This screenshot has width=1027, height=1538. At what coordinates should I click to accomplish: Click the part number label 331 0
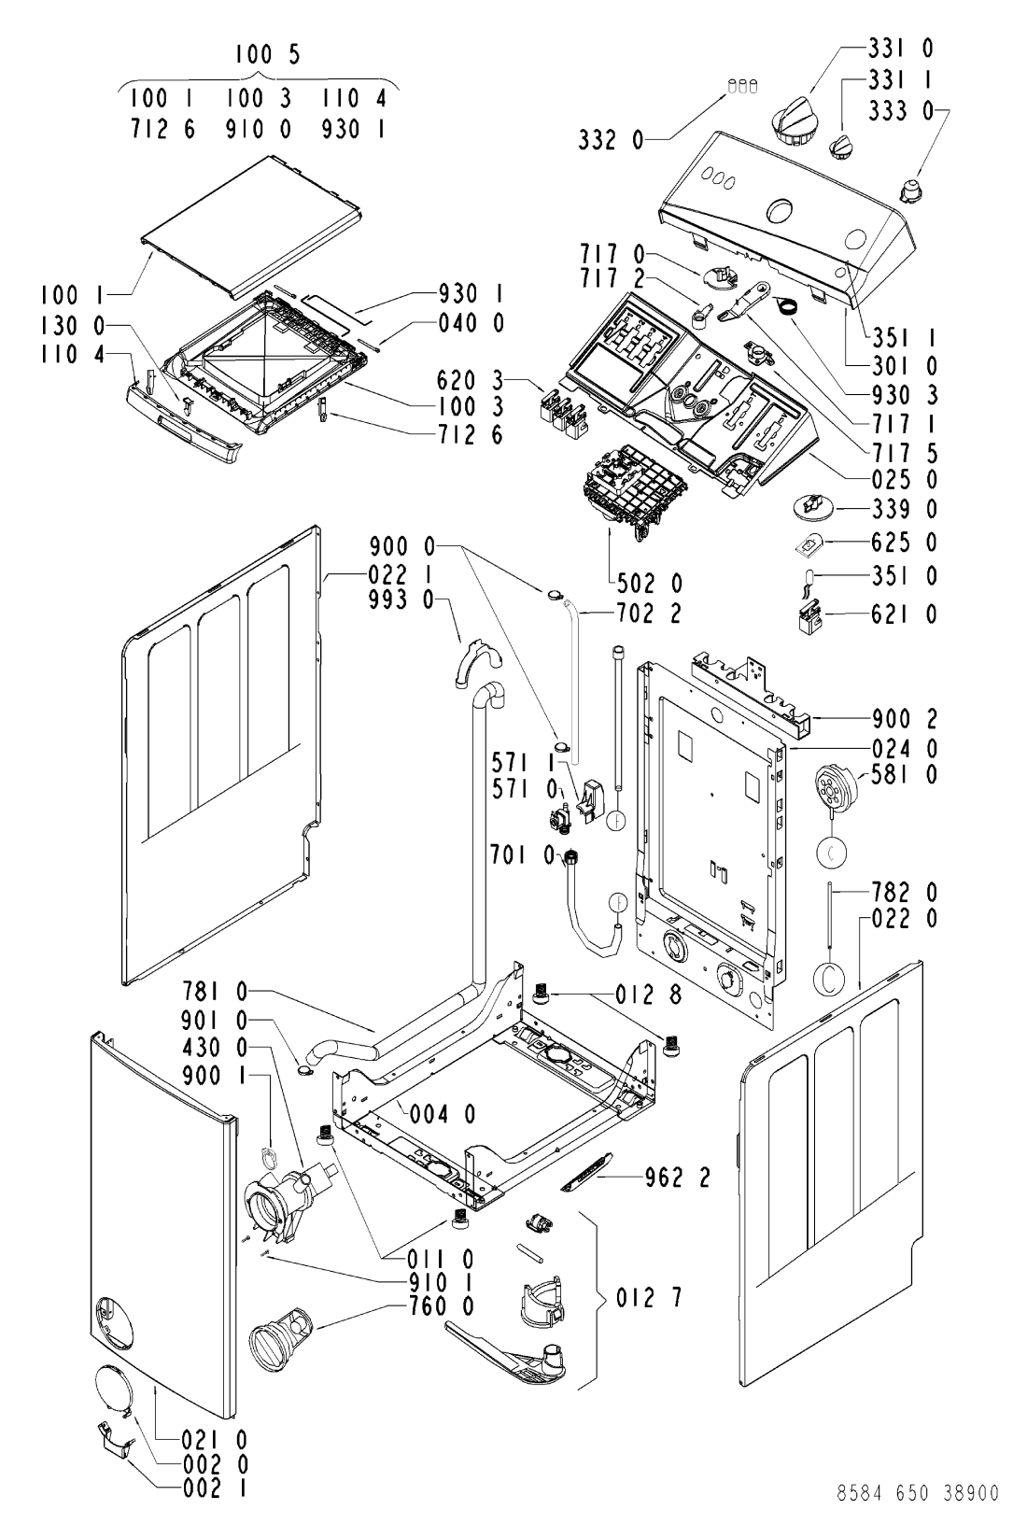pyautogui.click(x=901, y=49)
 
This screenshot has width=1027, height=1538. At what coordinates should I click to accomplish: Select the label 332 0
pyautogui.click(x=611, y=140)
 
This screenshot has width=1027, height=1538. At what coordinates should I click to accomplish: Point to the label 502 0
pyautogui.click(x=650, y=584)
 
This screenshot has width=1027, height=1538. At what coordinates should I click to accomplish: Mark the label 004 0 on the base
pyautogui.click(x=443, y=1114)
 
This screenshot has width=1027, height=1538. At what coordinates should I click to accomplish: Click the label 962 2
pyautogui.click(x=677, y=1178)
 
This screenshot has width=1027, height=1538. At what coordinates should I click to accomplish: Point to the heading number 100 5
pyautogui.click(x=268, y=54)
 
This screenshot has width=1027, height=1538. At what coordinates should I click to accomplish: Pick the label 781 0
pyautogui.click(x=215, y=992)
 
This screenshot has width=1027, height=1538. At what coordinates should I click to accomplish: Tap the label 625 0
pyautogui.click(x=904, y=543)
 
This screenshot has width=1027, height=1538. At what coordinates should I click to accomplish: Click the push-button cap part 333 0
pyautogui.click(x=911, y=188)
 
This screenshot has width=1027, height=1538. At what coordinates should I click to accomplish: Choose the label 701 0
pyautogui.click(x=523, y=854)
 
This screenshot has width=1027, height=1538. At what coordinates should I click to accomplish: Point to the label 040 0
pyautogui.click(x=471, y=323)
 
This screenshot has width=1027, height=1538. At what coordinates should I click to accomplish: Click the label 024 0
pyautogui.click(x=904, y=748)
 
